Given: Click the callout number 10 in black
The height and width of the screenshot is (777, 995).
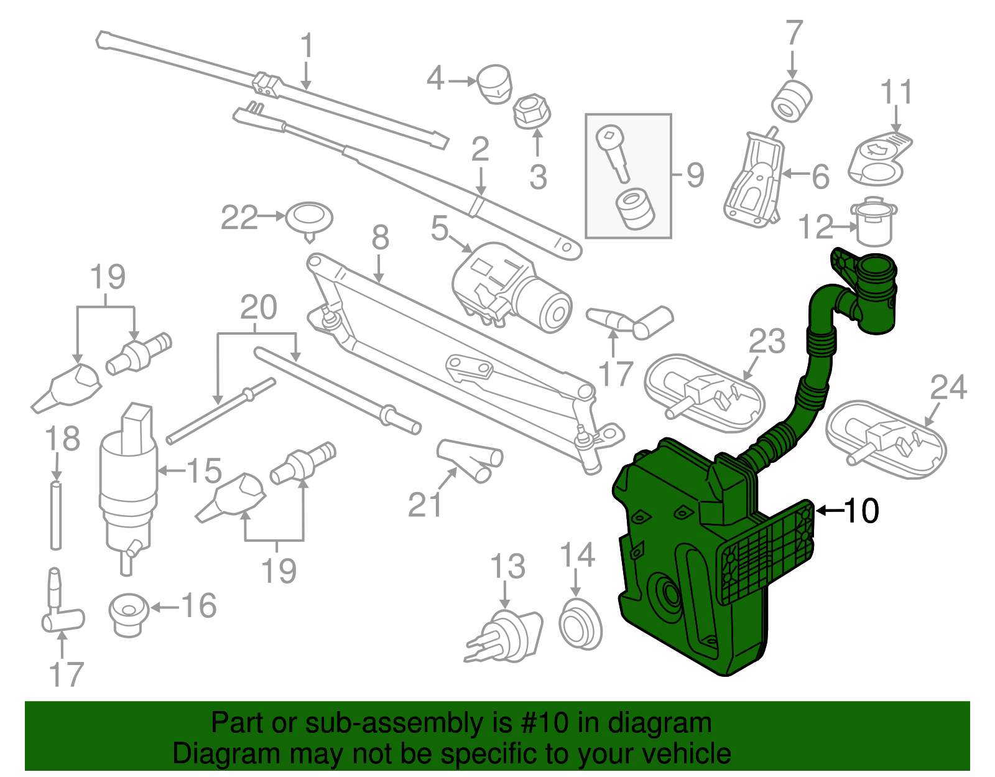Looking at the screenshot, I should tap(861, 511).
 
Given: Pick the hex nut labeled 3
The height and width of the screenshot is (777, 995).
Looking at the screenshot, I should tap(530, 111).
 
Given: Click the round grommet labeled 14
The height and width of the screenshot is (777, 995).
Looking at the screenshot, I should tap(580, 623).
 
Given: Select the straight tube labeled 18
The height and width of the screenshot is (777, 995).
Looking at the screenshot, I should tap(56, 514).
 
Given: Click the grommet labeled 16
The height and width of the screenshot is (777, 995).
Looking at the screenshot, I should tap(129, 614).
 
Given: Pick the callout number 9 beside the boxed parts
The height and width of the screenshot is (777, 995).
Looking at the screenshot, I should tap(695, 175).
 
